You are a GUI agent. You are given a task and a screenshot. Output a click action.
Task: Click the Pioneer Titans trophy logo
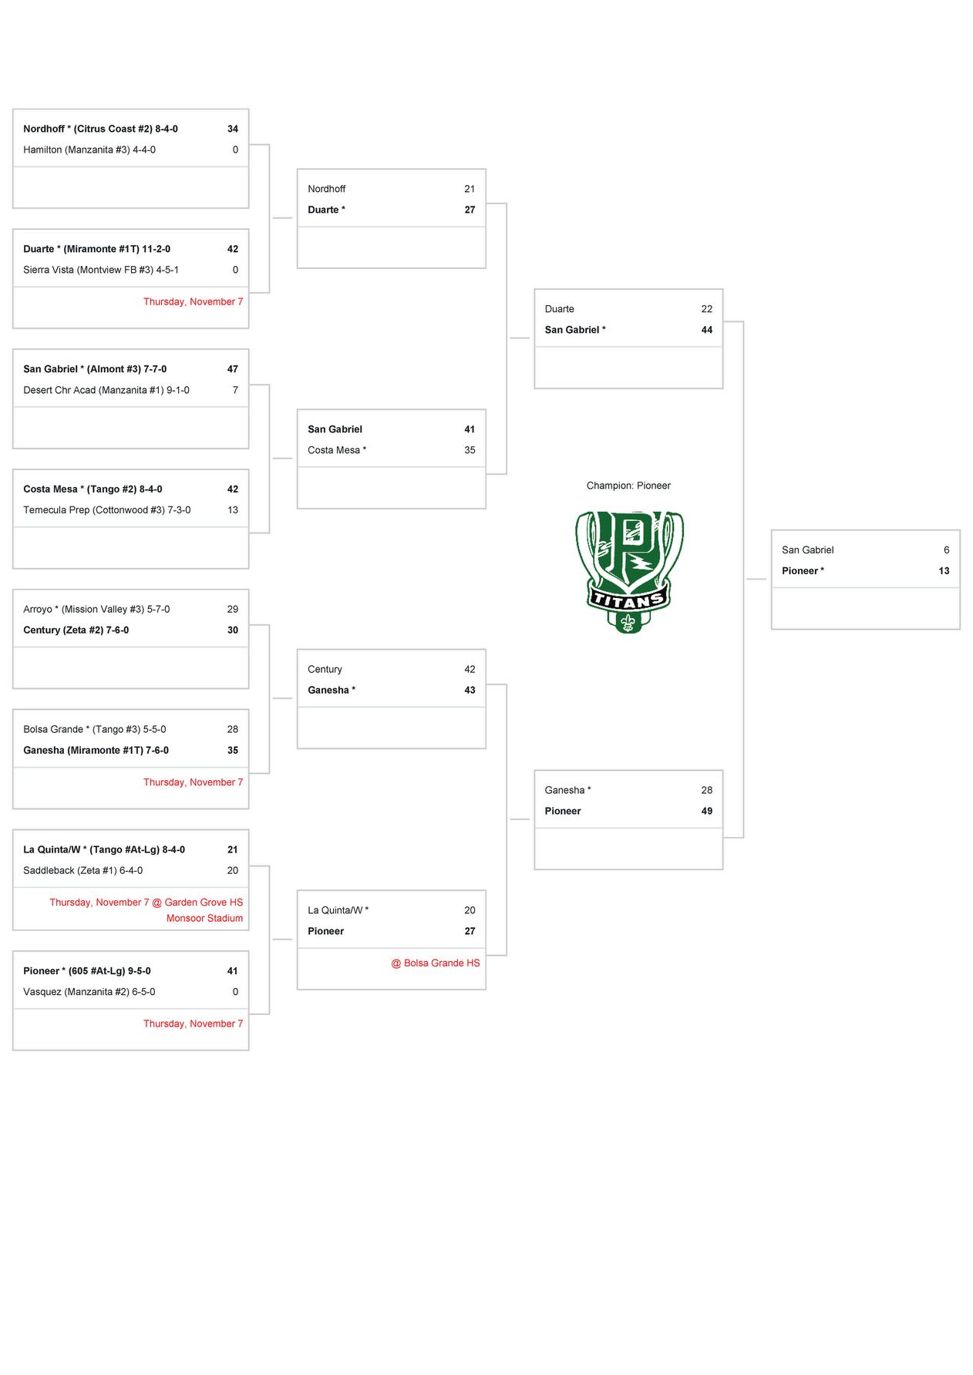click(628, 571)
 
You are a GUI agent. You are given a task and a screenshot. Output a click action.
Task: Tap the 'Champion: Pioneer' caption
click(628, 486)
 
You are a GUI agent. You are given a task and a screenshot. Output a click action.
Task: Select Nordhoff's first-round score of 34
click(232, 129)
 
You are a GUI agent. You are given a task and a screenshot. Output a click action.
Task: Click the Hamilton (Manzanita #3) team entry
click(89, 150)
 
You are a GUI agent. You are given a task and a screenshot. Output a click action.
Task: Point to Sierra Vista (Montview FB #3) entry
click(101, 270)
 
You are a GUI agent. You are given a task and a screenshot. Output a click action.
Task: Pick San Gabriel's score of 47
click(232, 369)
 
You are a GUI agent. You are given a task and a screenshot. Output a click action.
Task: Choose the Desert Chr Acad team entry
click(106, 390)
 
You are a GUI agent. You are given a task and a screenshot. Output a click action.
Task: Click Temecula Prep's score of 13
click(232, 509)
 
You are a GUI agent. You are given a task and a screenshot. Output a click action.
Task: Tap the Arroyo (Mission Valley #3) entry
click(96, 609)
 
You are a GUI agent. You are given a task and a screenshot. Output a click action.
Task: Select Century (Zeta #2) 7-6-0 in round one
click(76, 630)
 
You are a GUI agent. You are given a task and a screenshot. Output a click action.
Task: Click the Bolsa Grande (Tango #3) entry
click(95, 729)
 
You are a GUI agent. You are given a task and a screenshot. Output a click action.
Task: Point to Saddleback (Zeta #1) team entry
click(83, 870)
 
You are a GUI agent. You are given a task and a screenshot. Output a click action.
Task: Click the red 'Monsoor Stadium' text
click(204, 918)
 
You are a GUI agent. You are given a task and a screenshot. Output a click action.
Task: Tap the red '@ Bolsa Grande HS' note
click(435, 963)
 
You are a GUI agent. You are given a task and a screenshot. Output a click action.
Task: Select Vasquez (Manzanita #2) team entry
click(89, 992)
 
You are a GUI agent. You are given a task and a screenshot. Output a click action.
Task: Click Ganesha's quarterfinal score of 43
click(470, 690)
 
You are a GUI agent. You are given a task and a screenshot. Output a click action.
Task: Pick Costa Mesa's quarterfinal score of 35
click(470, 450)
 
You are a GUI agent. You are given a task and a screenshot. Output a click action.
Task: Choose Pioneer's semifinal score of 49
click(706, 811)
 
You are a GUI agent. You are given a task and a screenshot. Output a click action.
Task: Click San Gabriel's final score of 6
click(946, 550)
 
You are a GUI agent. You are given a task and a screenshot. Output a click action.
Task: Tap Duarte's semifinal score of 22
click(706, 309)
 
